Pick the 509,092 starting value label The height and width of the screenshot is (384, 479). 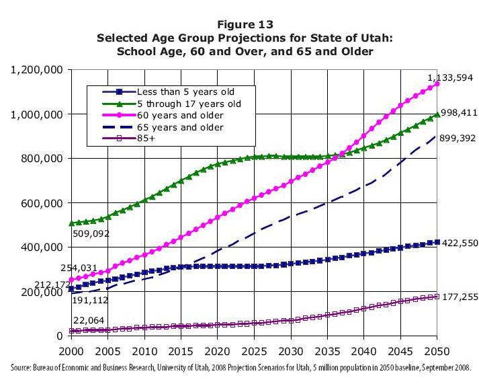click(x=90, y=235)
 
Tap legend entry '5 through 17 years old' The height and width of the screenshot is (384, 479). click(x=188, y=104)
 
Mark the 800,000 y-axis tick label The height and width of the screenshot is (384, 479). click(x=42, y=159)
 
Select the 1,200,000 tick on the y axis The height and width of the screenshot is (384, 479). click(x=37, y=70)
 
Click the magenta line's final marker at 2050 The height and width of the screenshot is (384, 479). click(x=437, y=84)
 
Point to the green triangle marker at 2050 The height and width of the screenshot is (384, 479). click(x=437, y=114)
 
